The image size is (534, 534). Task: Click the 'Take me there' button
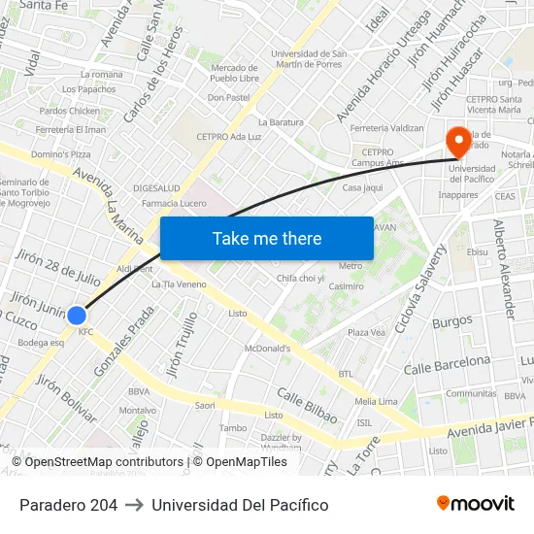click(x=267, y=239)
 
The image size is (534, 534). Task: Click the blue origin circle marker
click(x=77, y=315)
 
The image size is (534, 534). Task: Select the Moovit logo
click(x=476, y=504)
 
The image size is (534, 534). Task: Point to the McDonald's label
click(x=268, y=349)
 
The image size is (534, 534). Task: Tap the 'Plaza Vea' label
click(x=367, y=332)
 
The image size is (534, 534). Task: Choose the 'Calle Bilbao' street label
click(x=307, y=406)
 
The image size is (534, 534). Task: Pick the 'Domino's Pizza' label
click(x=61, y=154)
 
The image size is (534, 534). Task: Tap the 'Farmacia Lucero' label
click(x=174, y=203)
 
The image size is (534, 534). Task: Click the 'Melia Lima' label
click(x=377, y=401)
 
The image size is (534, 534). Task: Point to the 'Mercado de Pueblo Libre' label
click(x=233, y=73)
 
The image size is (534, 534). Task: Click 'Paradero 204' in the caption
click(x=68, y=505)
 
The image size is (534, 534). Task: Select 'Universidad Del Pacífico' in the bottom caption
click(x=240, y=505)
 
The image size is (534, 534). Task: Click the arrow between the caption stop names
click(x=134, y=505)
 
